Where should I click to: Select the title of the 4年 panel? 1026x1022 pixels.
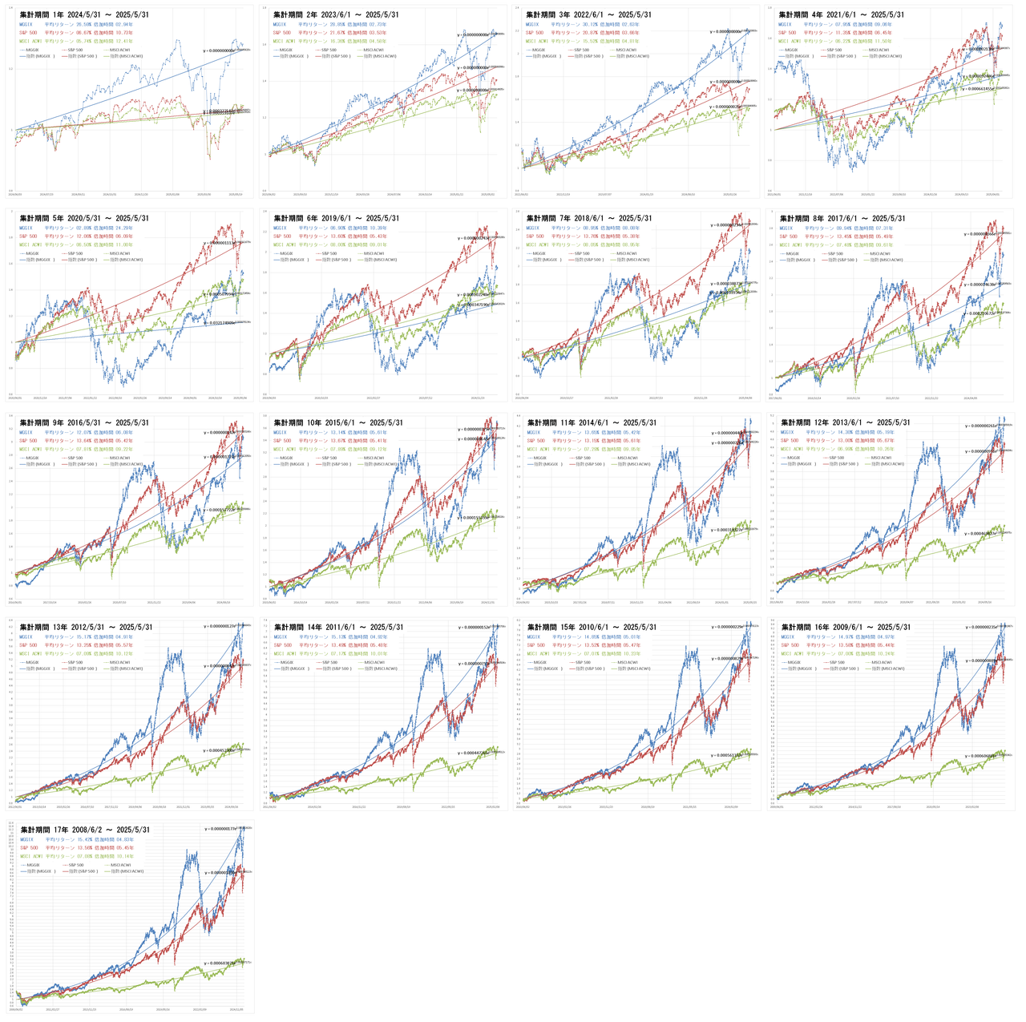pyautogui.click(x=842, y=15)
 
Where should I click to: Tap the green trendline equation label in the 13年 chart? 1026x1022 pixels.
pyautogui.click(x=220, y=750)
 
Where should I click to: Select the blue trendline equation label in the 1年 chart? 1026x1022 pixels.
pyautogui.click(x=220, y=50)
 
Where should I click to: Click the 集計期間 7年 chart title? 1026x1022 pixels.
pyautogui.click(x=588, y=218)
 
